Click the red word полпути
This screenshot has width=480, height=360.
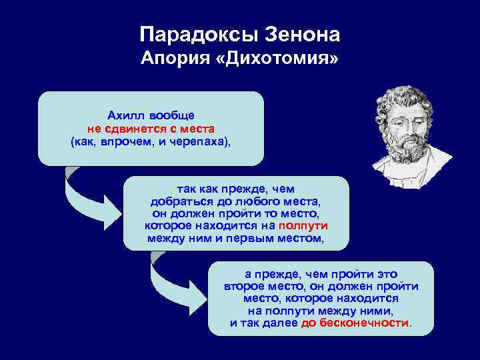pos(303,225)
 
